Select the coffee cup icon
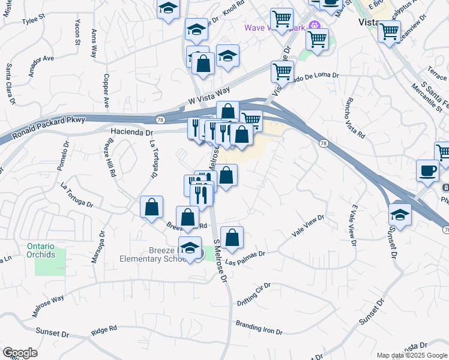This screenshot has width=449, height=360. click(x=427, y=170)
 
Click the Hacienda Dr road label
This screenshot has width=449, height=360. click(x=131, y=131)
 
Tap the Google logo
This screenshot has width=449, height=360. click(x=20, y=353)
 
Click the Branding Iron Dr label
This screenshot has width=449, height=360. click(x=264, y=328)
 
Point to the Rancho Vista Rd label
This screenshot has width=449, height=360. click(x=355, y=119)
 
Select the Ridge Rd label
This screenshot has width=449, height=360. click(x=103, y=330)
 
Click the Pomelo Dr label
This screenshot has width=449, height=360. click(x=63, y=157)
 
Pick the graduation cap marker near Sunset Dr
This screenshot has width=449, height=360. click(x=400, y=214)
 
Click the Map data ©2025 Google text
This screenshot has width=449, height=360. click(x=412, y=355)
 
